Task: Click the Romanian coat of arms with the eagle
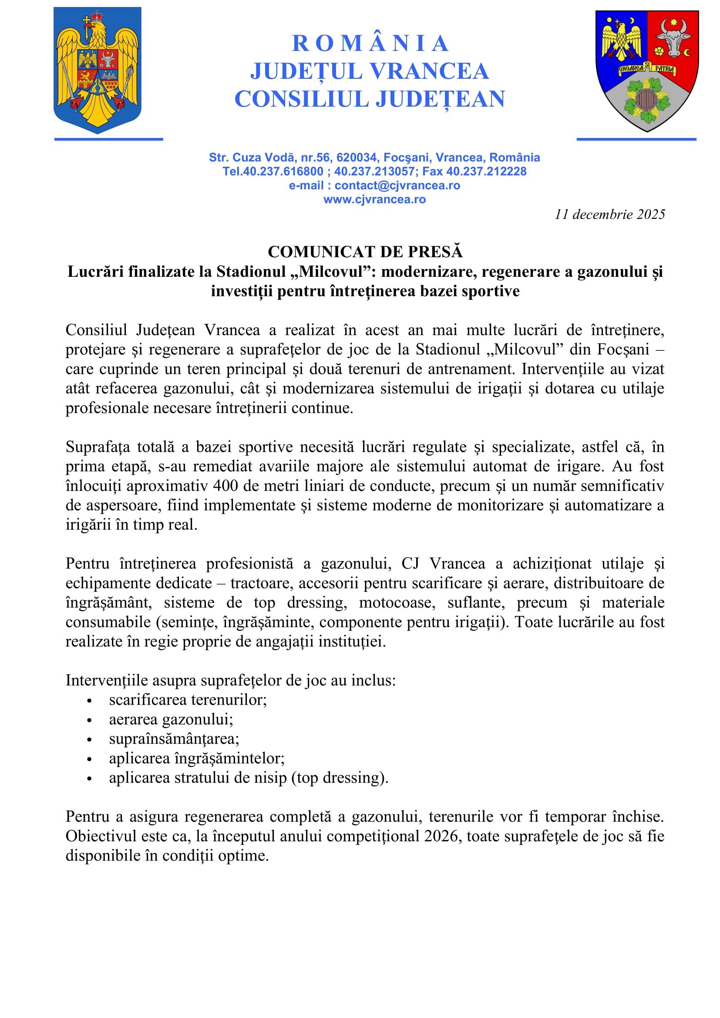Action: click(x=97, y=70)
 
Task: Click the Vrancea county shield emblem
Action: click(x=647, y=70)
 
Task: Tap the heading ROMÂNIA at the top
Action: click(x=370, y=44)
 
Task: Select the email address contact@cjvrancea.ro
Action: click(x=397, y=185)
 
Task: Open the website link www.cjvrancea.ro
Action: click(x=375, y=199)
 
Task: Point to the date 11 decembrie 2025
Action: click(x=609, y=215)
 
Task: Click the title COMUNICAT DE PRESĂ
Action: click(x=365, y=252)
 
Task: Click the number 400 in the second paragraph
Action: click(x=225, y=486)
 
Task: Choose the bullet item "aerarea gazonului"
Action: click(x=171, y=719)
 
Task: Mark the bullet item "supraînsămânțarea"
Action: click(x=174, y=739)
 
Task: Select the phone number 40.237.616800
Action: click(x=283, y=171)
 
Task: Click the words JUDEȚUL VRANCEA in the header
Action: click(x=369, y=71)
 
